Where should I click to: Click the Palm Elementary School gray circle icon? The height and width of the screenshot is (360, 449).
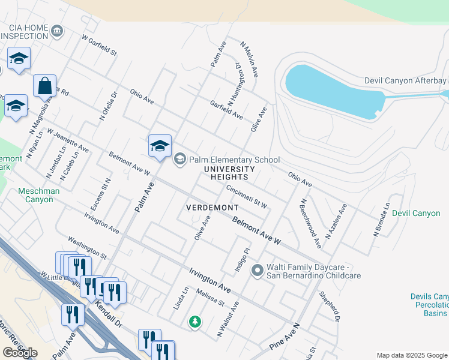[x=179, y=160]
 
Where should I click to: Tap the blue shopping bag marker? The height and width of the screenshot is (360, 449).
[x=45, y=86]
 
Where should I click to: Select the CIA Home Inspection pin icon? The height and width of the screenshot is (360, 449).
[x=57, y=31]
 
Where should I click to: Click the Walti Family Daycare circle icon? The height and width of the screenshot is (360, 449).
[x=258, y=271]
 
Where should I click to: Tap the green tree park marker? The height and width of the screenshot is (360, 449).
[x=194, y=322]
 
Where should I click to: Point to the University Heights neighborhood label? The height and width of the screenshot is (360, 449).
[x=225, y=173]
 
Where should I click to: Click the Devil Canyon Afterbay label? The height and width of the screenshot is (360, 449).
[x=406, y=81]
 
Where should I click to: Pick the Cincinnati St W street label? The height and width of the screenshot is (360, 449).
[x=246, y=196]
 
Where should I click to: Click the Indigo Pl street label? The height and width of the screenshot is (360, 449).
[x=241, y=260]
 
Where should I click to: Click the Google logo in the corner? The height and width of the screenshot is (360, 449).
[x=20, y=353]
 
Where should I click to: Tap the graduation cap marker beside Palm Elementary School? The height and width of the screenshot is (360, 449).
[x=160, y=146]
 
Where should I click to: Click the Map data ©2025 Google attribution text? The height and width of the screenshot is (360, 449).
[x=412, y=355]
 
